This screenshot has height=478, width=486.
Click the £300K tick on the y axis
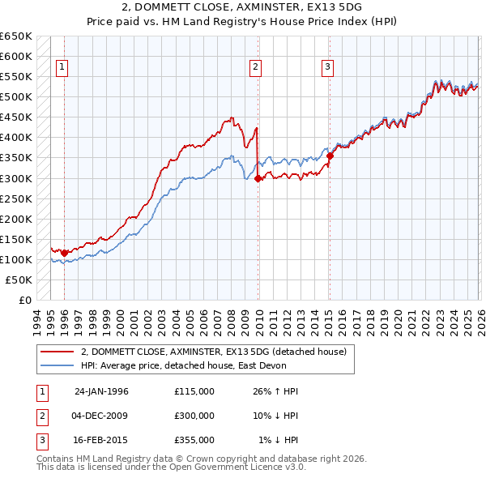[16, 178]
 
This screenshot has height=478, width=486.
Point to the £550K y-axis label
[16, 77]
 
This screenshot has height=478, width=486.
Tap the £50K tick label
[19, 280]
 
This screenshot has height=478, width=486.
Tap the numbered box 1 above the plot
[63, 68]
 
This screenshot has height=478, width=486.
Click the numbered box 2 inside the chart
[255, 68]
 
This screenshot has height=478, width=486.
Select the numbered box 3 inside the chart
[328, 68]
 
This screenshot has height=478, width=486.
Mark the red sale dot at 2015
[330, 156]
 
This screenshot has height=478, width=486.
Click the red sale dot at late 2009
[258, 178]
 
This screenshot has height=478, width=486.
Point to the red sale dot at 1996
[65, 253]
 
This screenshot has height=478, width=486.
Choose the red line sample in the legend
[57, 352]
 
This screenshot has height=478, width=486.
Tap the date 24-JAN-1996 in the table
[101, 391]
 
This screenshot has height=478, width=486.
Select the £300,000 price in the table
[194, 416]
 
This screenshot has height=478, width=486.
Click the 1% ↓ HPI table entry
[279, 440]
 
